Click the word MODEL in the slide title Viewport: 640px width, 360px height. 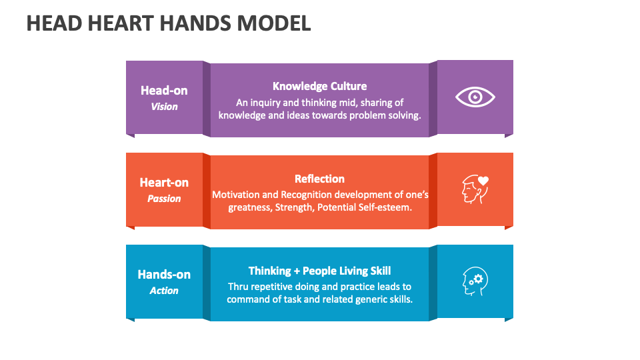pyautogui.click(x=274, y=23)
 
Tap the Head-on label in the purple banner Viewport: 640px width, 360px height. pyautogui.click(x=164, y=90)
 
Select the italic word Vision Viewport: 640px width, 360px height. pyautogui.click(x=164, y=107)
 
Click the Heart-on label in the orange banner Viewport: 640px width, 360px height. pyautogui.click(x=164, y=183)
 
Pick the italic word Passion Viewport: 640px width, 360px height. pyautogui.click(x=164, y=199)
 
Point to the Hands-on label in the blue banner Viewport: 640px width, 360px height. pyautogui.click(x=164, y=274)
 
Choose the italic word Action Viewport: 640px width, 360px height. pyautogui.click(x=164, y=291)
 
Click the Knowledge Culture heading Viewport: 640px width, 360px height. pyautogui.click(x=319, y=86)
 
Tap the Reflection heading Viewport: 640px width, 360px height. pyautogui.click(x=319, y=179)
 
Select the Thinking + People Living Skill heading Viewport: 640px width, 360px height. pyautogui.click(x=319, y=271)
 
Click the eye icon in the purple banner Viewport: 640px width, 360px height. pyautogui.click(x=475, y=97)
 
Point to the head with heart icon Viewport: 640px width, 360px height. pyautogui.click(x=475, y=189)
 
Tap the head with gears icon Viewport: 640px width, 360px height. pyautogui.click(x=475, y=281)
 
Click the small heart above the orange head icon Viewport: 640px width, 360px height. pyautogui.click(x=483, y=181)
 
